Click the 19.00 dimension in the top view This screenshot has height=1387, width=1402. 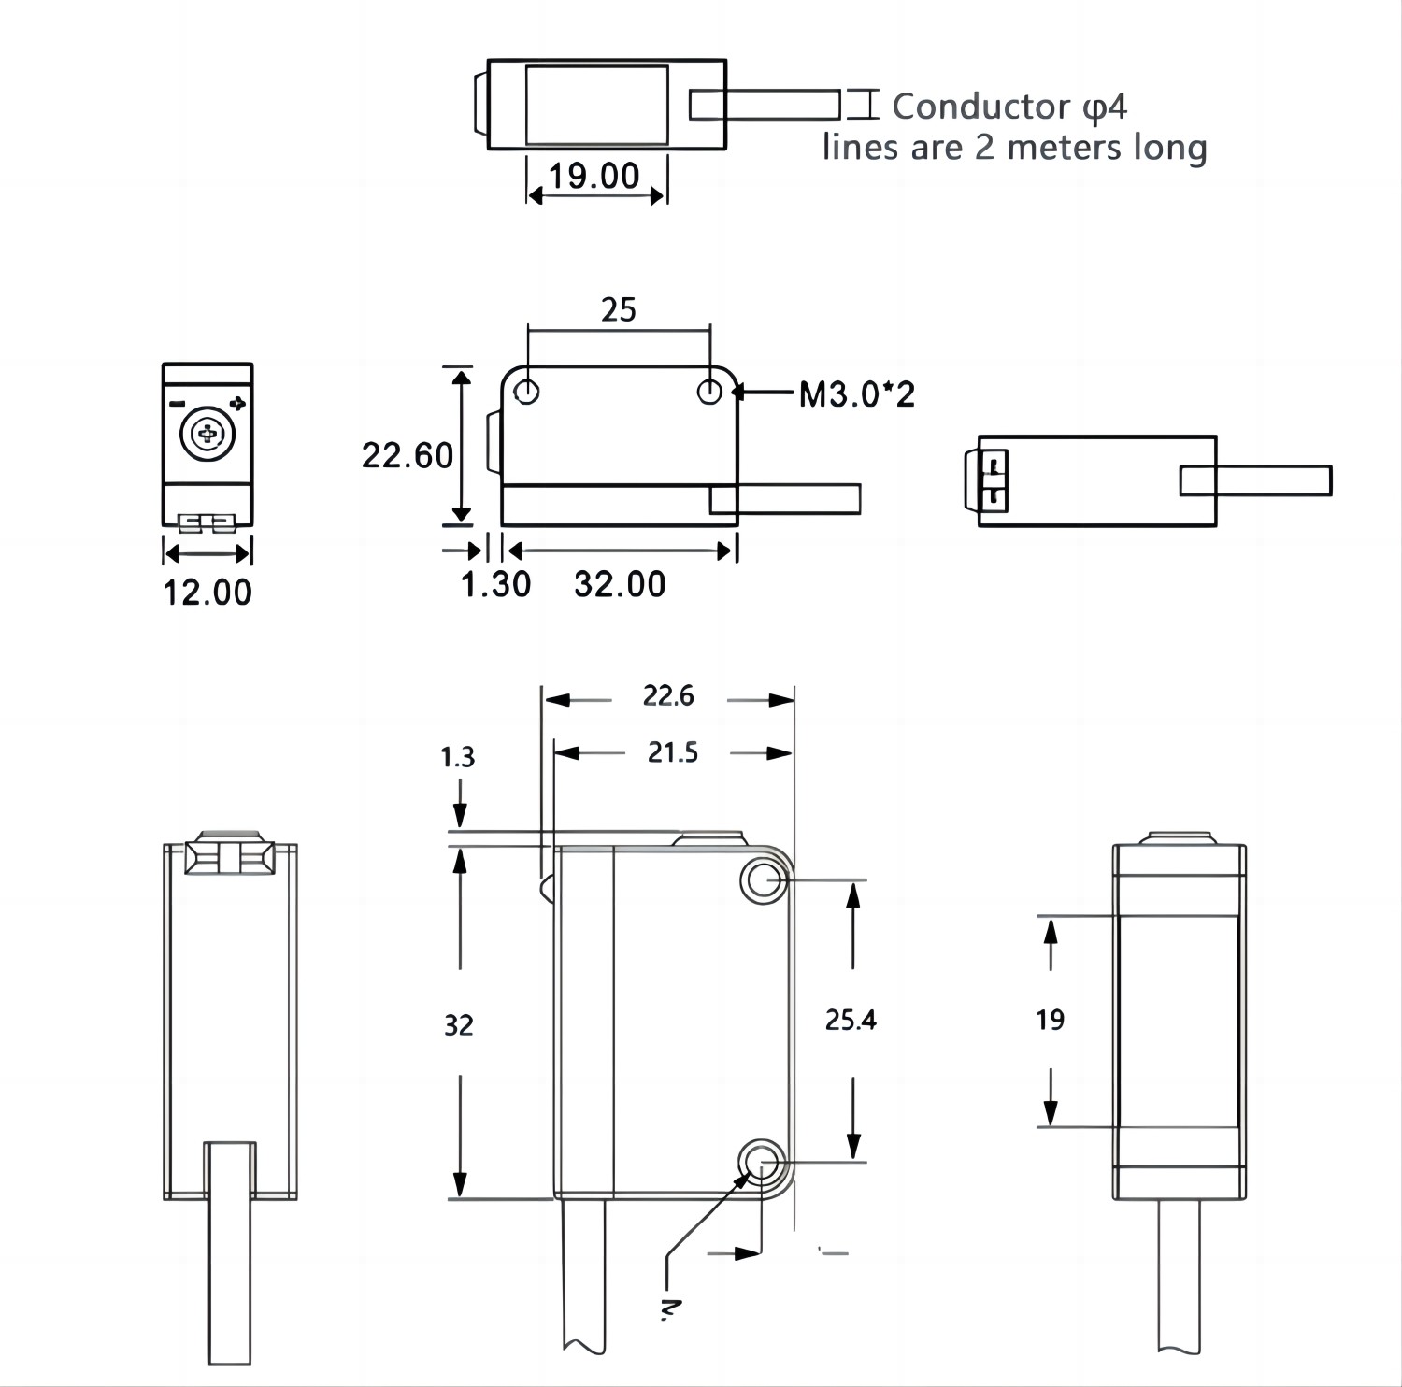click(594, 176)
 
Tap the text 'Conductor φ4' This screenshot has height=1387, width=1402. click(1009, 107)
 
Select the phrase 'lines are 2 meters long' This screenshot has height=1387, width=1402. click(1014, 148)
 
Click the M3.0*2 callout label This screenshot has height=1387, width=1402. click(856, 394)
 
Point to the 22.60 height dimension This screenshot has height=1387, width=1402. click(407, 455)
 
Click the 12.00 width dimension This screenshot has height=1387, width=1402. click(207, 593)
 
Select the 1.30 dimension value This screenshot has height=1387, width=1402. click(495, 584)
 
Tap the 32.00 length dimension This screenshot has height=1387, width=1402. click(620, 584)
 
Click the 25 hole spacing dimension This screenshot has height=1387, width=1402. click(618, 309)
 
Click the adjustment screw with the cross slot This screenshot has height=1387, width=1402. click(207, 434)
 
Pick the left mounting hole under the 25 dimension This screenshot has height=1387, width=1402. click(527, 392)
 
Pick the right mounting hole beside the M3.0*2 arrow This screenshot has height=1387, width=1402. click(709, 392)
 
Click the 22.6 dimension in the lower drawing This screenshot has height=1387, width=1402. click(668, 696)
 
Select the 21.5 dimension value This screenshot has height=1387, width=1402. click(673, 752)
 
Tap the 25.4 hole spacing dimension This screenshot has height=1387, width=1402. click(851, 1020)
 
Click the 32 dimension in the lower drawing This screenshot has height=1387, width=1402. click(458, 1025)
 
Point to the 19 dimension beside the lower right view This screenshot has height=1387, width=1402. click(1050, 1020)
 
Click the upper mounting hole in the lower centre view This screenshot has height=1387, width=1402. click(764, 879)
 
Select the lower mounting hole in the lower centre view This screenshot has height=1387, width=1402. click(761, 1163)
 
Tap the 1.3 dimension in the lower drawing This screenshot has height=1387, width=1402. click(457, 756)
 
